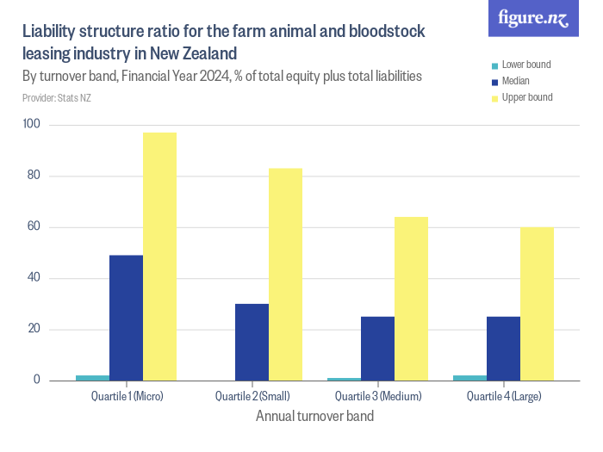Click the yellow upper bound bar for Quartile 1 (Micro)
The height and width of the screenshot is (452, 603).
click(160, 257)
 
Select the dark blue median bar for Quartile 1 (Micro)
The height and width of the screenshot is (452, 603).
click(127, 318)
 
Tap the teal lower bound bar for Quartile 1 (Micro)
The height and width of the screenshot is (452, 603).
click(93, 377)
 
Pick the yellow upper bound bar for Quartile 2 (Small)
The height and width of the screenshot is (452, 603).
click(285, 274)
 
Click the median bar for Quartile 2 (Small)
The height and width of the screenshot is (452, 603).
click(252, 342)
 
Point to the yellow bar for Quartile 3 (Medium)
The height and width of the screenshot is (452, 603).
click(411, 298)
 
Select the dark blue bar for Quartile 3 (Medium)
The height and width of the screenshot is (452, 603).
click(377, 348)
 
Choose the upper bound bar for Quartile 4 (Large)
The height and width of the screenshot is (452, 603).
click(537, 303)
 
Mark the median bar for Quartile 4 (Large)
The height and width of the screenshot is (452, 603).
click(503, 348)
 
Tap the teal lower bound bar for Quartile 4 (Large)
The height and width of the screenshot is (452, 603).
click(469, 377)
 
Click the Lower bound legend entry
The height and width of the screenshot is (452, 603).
click(525, 65)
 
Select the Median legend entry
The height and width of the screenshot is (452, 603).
click(515, 81)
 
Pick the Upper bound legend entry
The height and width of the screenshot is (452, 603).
click(526, 97)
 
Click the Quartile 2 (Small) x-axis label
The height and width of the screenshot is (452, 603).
click(252, 397)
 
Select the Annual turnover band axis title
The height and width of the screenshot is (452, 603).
click(314, 417)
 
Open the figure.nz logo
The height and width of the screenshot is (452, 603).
click(533, 18)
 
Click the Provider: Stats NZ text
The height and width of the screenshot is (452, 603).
click(57, 97)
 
